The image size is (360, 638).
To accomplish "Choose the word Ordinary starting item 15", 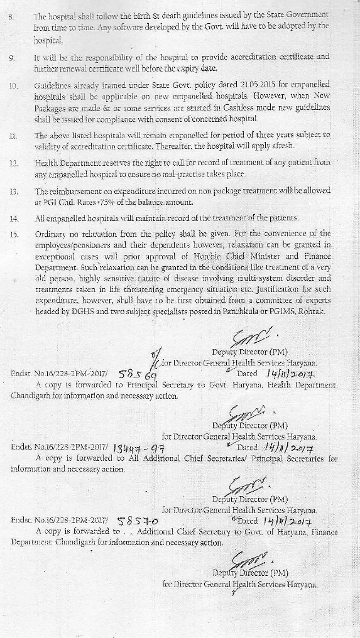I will coord(52,234).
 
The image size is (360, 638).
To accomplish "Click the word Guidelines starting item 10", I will coord(54,84).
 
